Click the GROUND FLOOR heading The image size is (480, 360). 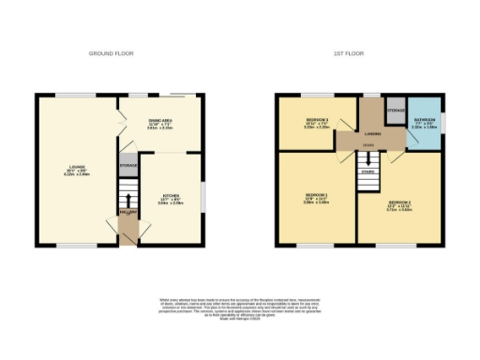[x=112, y=53]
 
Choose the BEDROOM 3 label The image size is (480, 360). [x=317, y=123]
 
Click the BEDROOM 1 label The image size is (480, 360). [x=316, y=199]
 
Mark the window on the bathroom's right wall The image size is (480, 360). [x=443, y=122]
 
